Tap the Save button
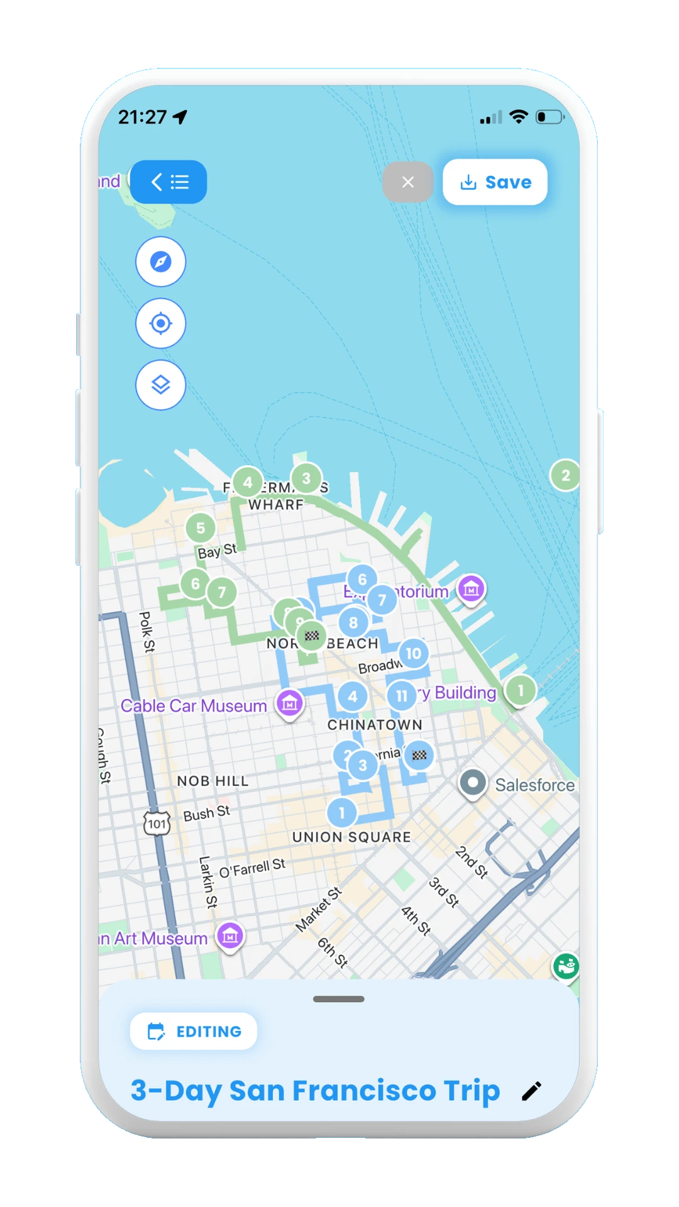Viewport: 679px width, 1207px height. pos(495,182)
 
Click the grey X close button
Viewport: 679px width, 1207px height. pos(408,182)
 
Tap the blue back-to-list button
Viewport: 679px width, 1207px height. pos(168,182)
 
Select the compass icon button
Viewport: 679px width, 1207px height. pos(161,262)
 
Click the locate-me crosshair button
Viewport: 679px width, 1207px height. pos(161,323)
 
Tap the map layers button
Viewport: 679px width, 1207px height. pos(161,385)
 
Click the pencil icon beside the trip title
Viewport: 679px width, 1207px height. pos(531,1091)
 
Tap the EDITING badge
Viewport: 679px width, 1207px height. pos(194,1032)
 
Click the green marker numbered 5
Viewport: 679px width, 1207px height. pos(201,528)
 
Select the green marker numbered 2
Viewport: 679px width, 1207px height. pos(565,475)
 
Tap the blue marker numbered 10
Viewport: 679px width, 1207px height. pos(413,653)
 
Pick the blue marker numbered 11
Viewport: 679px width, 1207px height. pos(402,696)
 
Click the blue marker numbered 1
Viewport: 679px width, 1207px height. pos(342,813)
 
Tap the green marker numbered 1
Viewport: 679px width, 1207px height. pos(521,690)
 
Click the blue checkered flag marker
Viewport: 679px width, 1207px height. pos(419,755)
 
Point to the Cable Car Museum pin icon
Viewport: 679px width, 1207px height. pos(290,703)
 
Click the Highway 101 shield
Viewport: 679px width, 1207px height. pos(157,824)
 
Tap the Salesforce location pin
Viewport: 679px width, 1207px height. pos(473,783)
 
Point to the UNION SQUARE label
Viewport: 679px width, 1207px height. pos(351,837)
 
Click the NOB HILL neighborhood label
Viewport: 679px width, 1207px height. pos(213,781)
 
